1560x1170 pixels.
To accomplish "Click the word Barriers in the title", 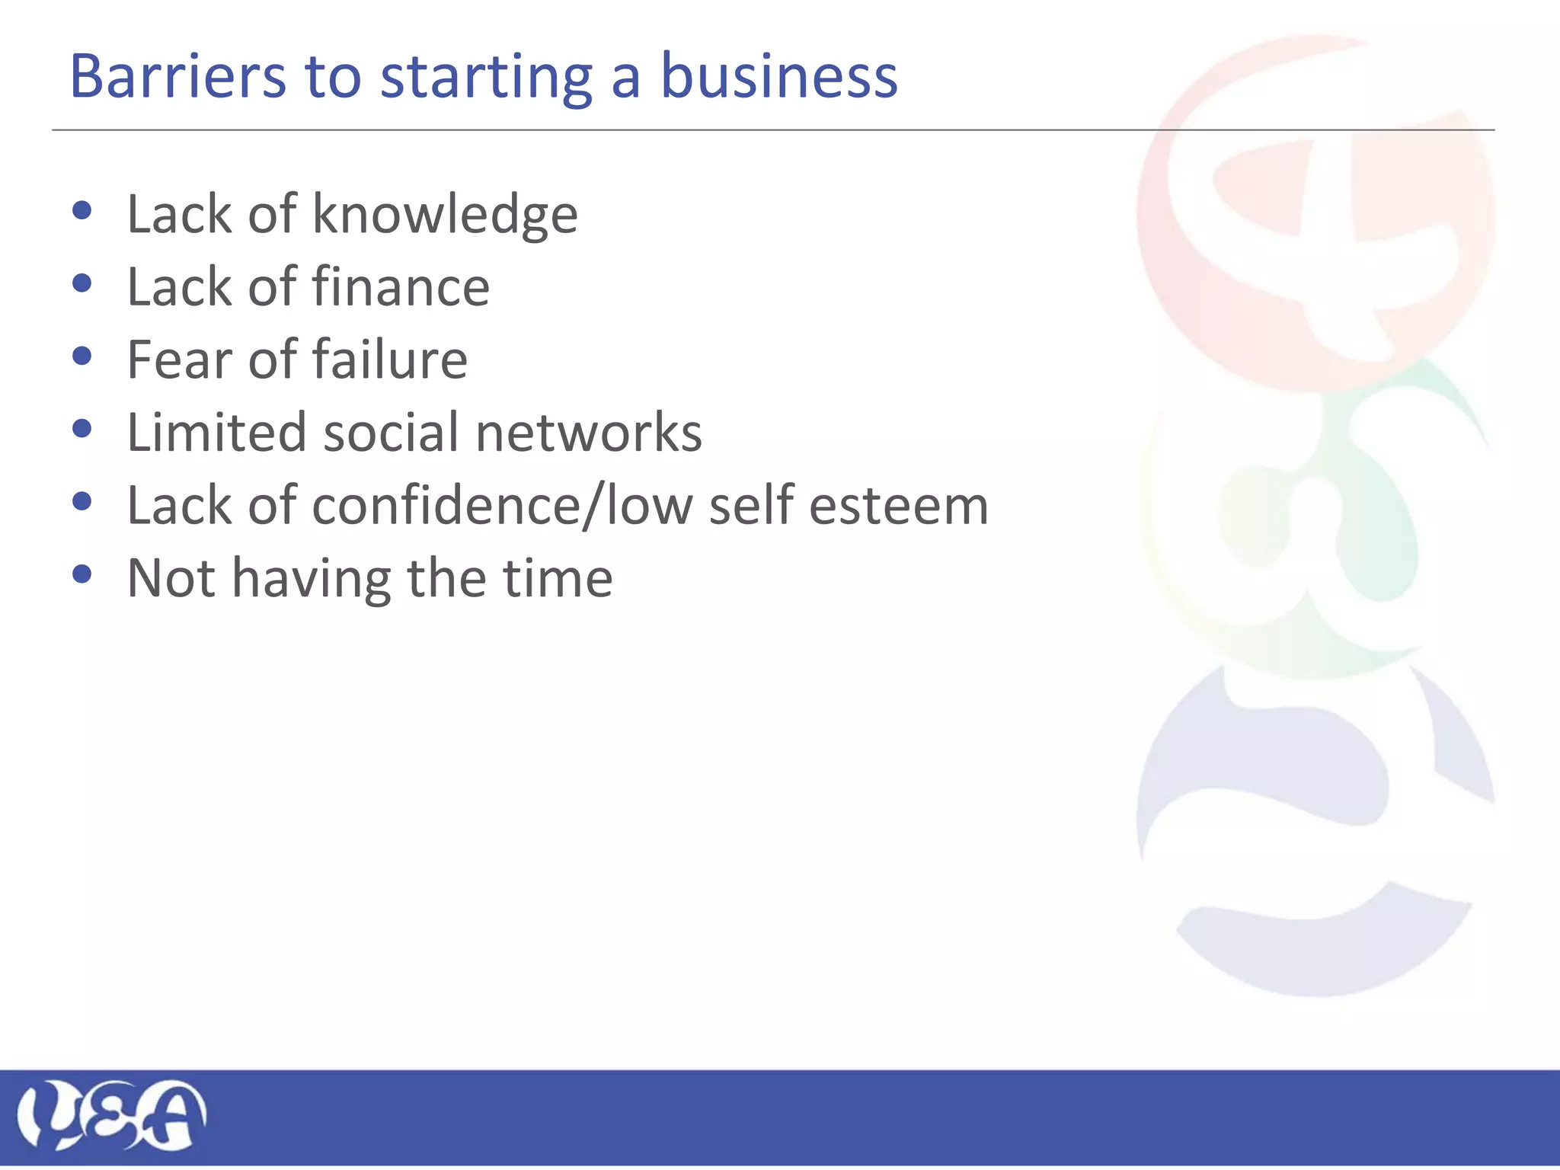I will click(177, 76).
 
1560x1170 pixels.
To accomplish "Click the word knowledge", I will click(445, 215).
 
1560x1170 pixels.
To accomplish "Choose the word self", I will click(751, 504).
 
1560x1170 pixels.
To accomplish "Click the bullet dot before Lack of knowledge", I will click(82, 210).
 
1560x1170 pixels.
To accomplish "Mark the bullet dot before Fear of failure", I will click(82, 356).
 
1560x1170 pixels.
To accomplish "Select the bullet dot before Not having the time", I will click(82, 574).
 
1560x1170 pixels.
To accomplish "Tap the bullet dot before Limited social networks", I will click(82, 429).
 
